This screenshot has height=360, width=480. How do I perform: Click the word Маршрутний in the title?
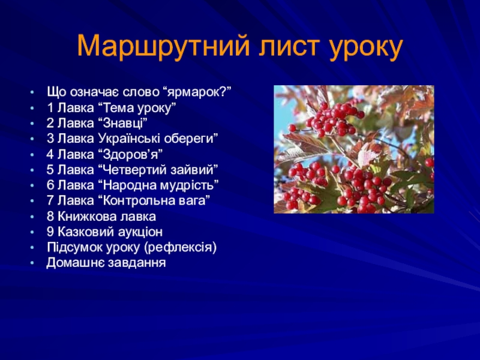tap(163, 46)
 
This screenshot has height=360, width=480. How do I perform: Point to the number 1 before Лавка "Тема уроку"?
tap(50, 108)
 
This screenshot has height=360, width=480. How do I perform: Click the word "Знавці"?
tap(123, 123)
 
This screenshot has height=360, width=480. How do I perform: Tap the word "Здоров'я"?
tap(130, 154)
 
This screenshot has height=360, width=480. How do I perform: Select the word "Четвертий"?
tap(132, 170)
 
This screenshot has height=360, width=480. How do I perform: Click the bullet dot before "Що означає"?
tap(32, 92)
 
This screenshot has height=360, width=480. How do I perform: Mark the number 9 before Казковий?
tap(50, 232)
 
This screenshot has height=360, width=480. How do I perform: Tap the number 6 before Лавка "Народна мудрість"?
tap(50, 185)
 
